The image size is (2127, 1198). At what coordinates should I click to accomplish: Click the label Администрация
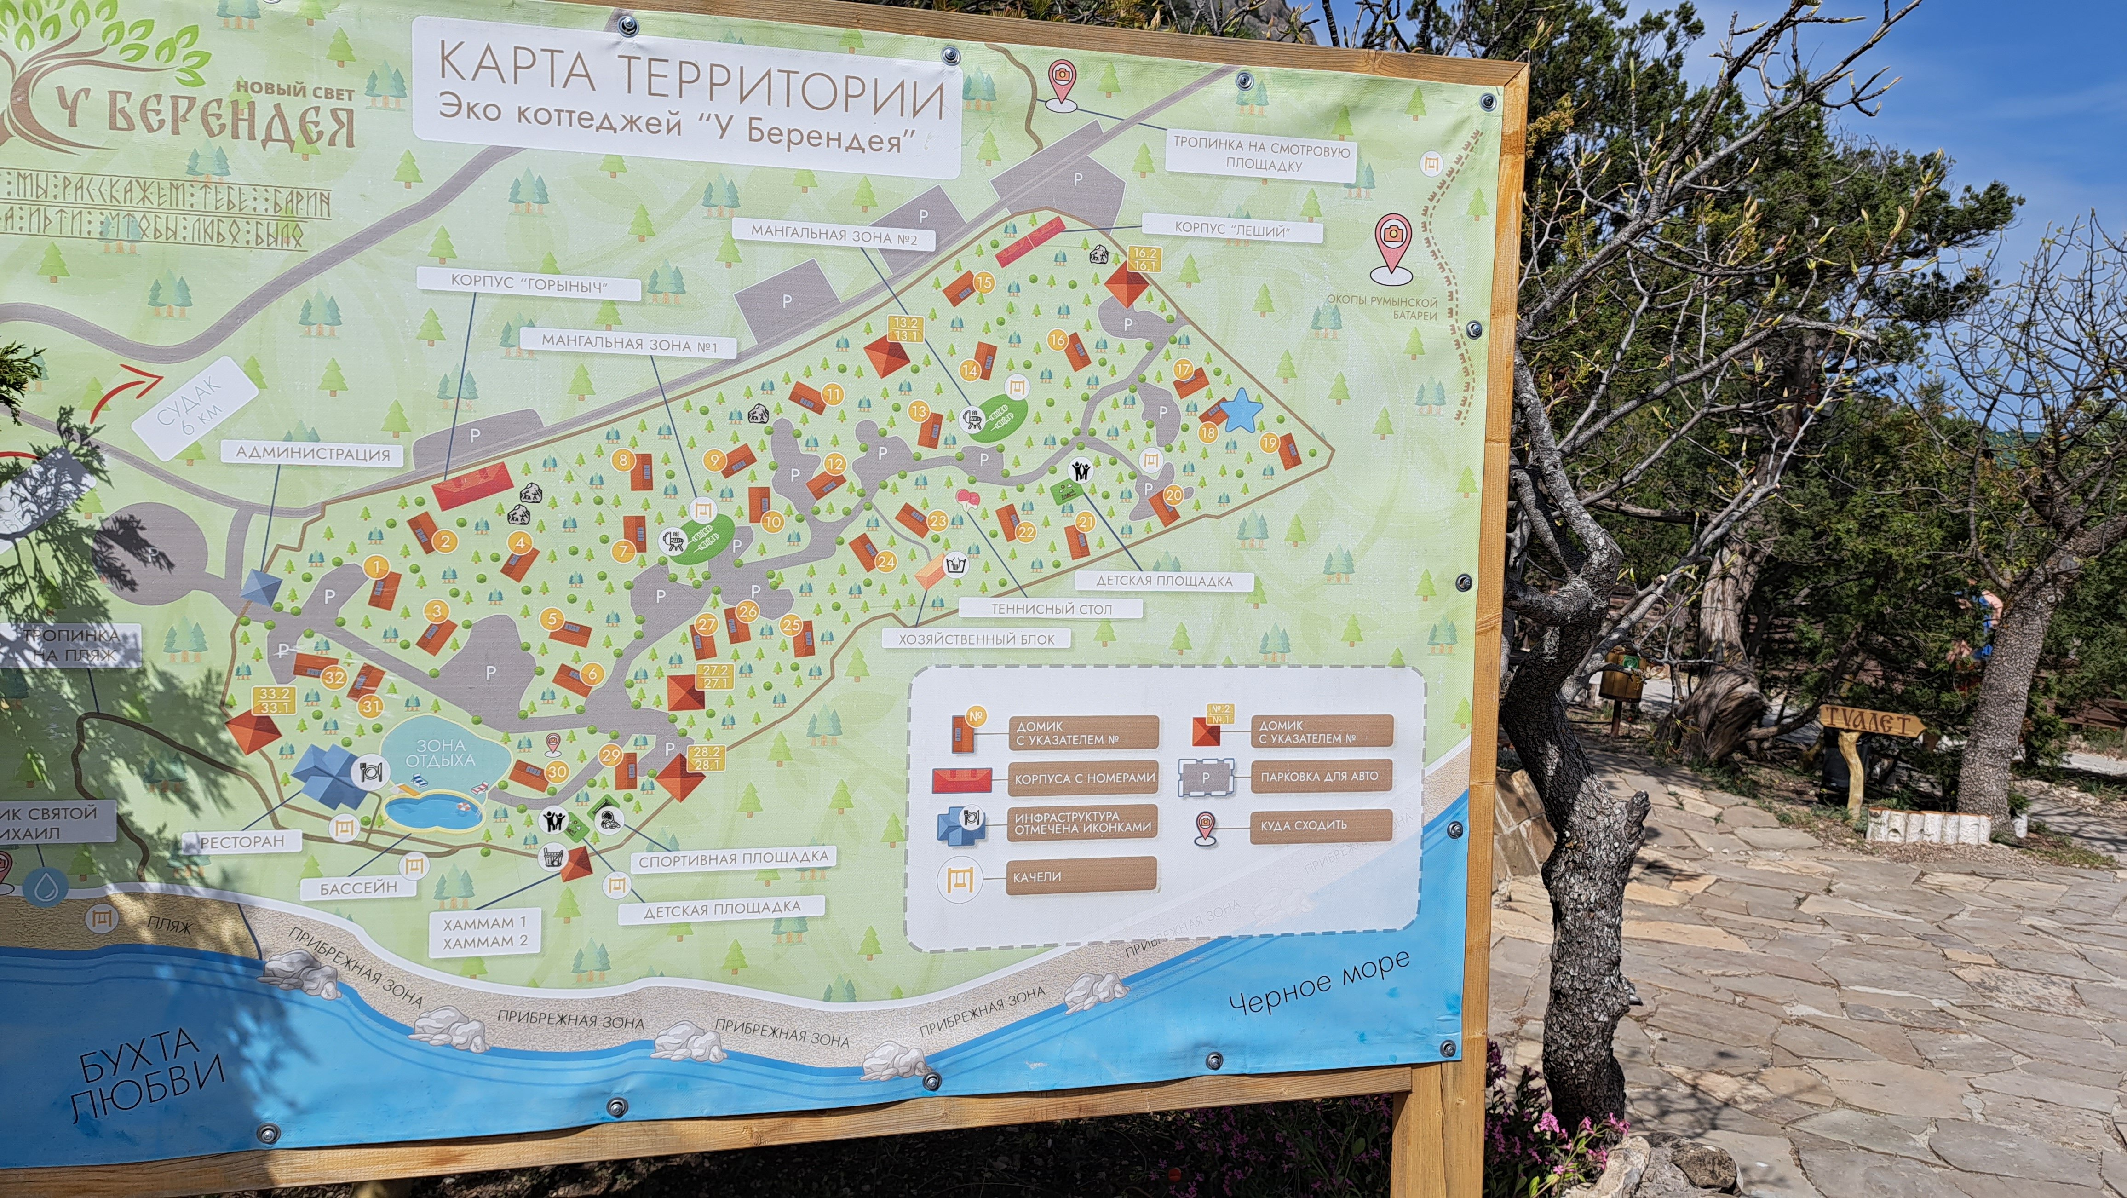[x=312, y=453]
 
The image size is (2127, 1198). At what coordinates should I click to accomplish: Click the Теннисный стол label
[x=1051, y=609]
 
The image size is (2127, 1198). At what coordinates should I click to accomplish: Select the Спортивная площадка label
[x=732, y=858]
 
